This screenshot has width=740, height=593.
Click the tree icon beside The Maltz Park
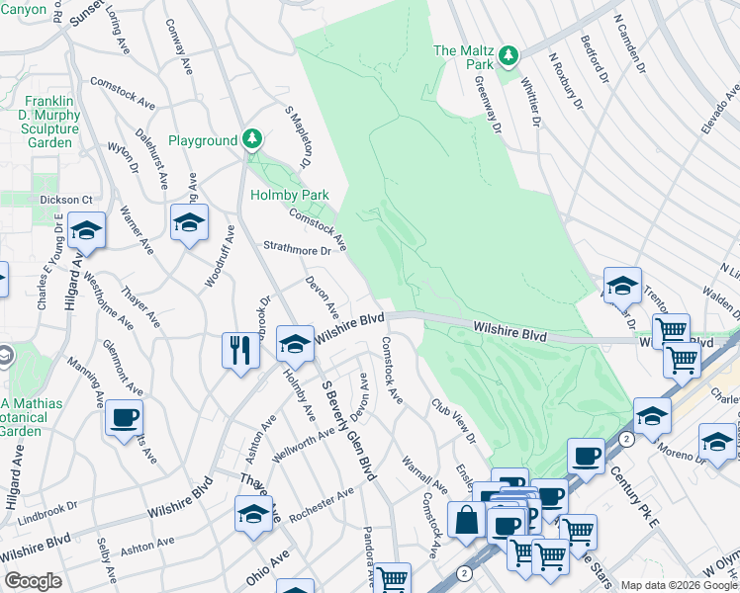point(509,55)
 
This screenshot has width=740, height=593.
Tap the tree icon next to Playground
point(253,140)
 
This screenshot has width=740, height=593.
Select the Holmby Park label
point(289,195)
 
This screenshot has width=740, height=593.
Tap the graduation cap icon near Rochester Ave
point(253,514)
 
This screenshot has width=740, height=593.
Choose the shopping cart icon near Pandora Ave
point(393,578)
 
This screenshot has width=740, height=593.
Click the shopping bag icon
point(466,519)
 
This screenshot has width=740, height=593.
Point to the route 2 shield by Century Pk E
point(625,437)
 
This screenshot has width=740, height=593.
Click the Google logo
point(33,581)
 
